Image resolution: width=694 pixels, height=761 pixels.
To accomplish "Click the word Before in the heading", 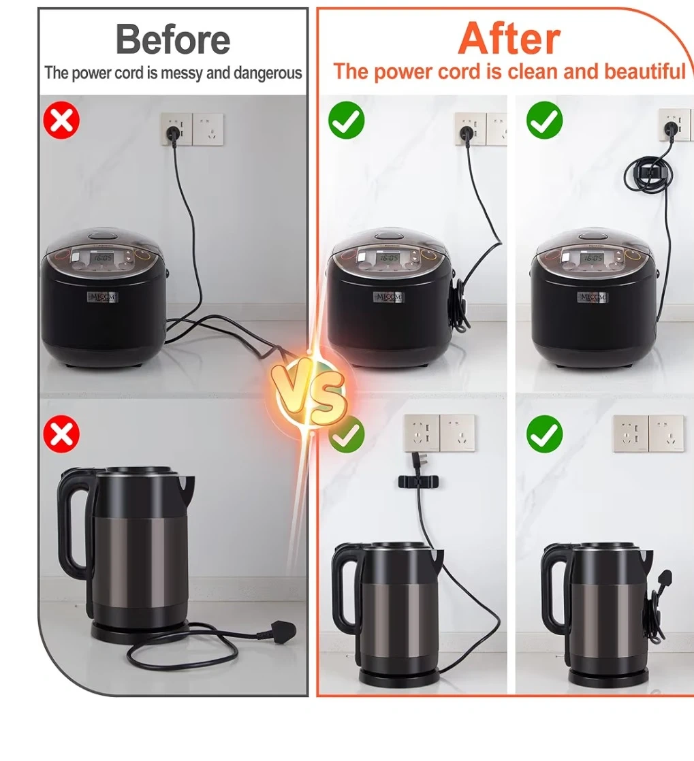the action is (173, 39).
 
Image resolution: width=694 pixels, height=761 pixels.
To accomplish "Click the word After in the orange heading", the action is (509, 38).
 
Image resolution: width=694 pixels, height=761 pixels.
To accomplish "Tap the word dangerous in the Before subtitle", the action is (268, 74).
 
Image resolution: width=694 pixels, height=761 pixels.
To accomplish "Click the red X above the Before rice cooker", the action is (61, 120).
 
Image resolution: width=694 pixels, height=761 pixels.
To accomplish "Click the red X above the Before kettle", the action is (61, 434).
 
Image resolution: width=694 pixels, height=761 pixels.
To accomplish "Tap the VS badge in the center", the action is (310, 392).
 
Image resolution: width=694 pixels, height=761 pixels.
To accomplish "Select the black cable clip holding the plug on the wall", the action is (417, 481).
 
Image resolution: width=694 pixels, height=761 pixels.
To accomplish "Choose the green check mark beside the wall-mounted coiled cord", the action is (544, 120).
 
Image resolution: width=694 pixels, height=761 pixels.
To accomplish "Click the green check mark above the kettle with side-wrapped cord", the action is (544, 434).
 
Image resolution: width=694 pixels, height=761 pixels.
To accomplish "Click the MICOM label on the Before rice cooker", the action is (102, 297).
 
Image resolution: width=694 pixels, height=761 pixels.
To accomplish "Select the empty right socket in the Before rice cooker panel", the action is (208, 129).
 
